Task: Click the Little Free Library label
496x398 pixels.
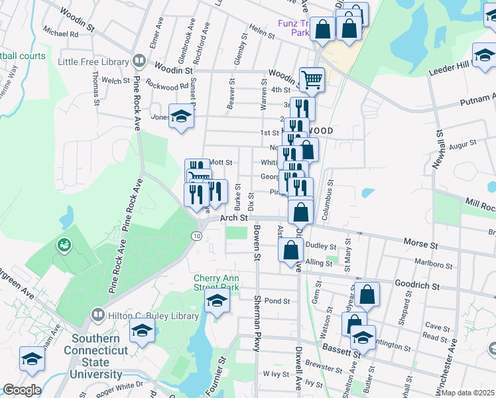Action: [x=93, y=62]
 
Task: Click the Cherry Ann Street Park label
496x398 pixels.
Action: [x=216, y=283]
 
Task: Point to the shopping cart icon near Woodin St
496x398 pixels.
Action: [x=311, y=80]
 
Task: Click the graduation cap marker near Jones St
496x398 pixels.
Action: [x=179, y=117]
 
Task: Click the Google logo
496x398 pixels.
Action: [x=22, y=390]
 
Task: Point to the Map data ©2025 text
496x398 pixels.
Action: [x=469, y=392]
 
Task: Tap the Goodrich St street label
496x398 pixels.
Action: [x=418, y=286]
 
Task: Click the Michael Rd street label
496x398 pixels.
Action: [x=60, y=32]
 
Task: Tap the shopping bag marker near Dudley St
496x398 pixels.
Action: [x=290, y=250]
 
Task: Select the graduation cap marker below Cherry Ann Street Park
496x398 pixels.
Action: [x=217, y=300]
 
